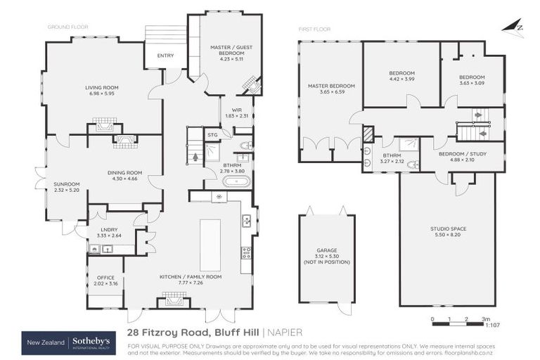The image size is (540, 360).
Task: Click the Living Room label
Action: coord(103,87)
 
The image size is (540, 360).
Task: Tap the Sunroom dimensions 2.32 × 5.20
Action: coord(67,190)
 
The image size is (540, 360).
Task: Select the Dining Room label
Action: coord(124,172)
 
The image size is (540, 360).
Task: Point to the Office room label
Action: coord(105,278)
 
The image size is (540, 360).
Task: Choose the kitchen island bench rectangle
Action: coord(210,240)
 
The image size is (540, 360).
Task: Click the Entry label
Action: coord(166,56)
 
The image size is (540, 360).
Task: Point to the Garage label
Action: coord(326,250)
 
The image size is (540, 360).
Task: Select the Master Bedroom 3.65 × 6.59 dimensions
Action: coord(330,92)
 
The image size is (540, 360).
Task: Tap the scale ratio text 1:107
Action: coord(493,325)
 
